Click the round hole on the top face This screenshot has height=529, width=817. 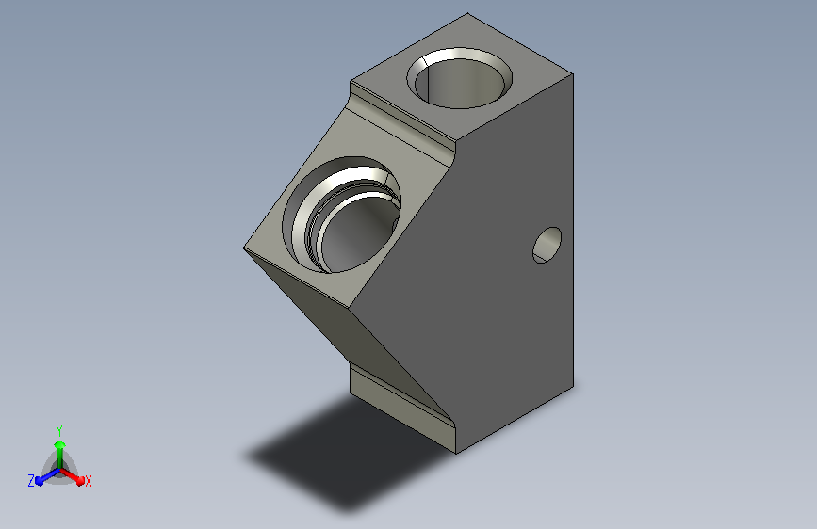(x=459, y=78)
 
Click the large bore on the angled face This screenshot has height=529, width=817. (x=342, y=215)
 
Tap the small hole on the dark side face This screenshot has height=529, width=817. (x=547, y=245)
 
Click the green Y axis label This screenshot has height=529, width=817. (x=59, y=431)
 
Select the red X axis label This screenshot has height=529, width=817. (x=88, y=482)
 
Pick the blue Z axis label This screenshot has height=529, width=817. (x=31, y=481)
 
